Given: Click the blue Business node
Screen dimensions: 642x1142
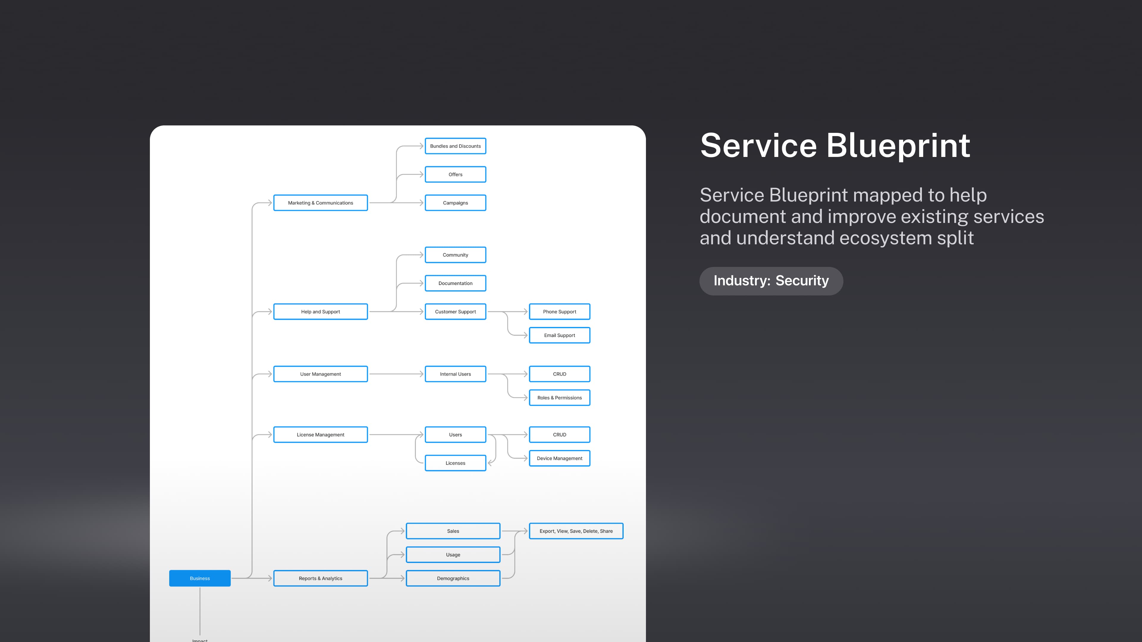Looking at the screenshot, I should click(x=200, y=578).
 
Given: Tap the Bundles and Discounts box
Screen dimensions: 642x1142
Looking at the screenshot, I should click(x=455, y=146).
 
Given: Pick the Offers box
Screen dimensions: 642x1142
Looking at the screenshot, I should click(x=455, y=174).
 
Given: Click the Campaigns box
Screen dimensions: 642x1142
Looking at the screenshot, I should click(x=455, y=203).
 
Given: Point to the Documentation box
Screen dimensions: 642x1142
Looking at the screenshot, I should click(x=455, y=283).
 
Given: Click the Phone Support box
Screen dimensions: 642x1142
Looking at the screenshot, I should click(x=559, y=311).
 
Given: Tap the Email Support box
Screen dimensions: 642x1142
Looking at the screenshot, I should click(x=559, y=335).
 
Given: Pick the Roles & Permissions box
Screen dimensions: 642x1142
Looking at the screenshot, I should click(x=559, y=398).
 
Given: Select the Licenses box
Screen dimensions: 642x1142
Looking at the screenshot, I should click(x=455, y=463).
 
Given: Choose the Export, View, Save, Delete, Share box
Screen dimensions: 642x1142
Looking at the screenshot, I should click(x=576, y=531).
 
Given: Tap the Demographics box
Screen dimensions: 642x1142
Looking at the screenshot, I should click(x=453, y=578).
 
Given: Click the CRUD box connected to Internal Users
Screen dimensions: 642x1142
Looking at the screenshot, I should click(x=559, y=374).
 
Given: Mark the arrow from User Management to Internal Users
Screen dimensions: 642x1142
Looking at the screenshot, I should click(x=396, y=374).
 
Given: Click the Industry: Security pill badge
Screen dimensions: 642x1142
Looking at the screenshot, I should click(x=771, y=281).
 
